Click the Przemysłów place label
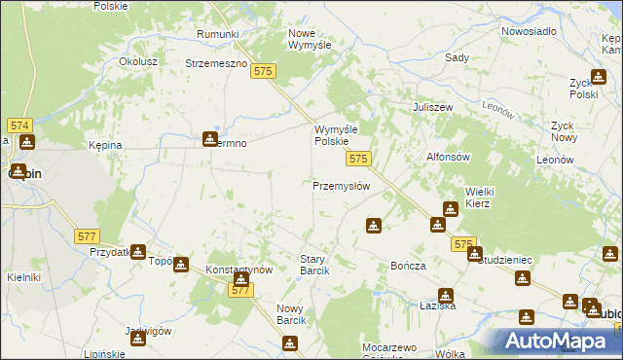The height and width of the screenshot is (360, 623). pyautogui.click(x=341, y=186)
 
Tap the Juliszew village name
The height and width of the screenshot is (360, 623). pyautogui.click(x=434, y=107)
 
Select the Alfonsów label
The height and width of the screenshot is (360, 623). pyautogui.click(x=449, y=157)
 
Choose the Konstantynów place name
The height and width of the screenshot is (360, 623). pyautogui.click(x=238, y=269)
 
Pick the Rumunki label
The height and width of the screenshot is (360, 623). pyautogui.click(x=217, y=35)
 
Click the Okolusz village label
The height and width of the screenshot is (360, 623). pyautogui.click(x=138, y=60)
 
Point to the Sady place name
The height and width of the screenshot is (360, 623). pyautogui.click(x=457, y=58)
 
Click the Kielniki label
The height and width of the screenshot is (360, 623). pyautogui.click(x=23, y=277)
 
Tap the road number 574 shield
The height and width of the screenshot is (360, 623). pyautogui.click(x=20, y=126)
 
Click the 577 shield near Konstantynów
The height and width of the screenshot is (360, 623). pyautogui.click(x=241, y=290)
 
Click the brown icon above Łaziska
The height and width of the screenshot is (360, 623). pyautogui.click(x=446, y=295)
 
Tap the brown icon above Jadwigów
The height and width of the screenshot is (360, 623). pyautogui.click(x=138, y=338)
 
